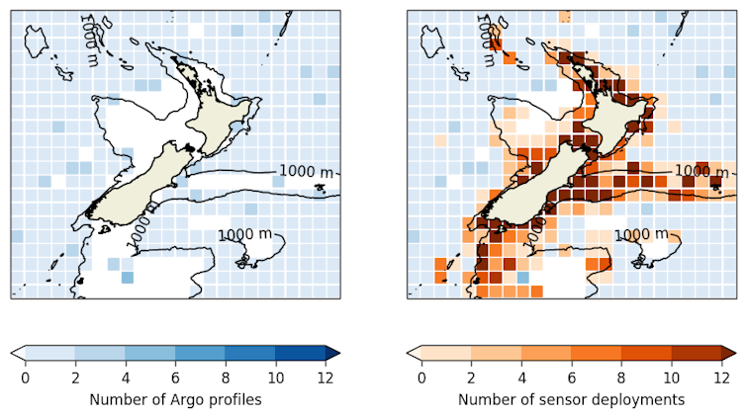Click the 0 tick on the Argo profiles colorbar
[x=25, y=376]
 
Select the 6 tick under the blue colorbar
[x=175, y=376]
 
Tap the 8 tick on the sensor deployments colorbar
[x=621, y=376]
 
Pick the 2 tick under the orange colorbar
[x=471, y=376]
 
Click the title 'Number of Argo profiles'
[x=175, y=399]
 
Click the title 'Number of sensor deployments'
[x=571, y=399]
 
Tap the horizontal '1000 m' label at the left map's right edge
[x=307, y=171]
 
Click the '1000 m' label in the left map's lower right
[x=244, y=234]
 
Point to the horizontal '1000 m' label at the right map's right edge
[x=702, y=171]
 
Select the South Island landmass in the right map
[x=534, y=188]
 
